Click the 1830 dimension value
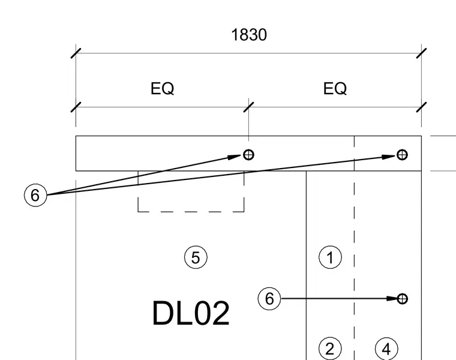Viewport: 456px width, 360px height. pos(249,35)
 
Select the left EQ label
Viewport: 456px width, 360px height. pos(162,88)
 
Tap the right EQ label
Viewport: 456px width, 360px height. pos(335,88)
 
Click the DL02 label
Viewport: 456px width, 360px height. pos(191,313)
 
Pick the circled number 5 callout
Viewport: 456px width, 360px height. pos(196,257)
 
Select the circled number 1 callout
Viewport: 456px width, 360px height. pos(330,257)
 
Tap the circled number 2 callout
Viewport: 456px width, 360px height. pos(330,349)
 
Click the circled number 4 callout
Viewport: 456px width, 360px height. pos(386,349)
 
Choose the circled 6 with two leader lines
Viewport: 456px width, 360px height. pos(35,195)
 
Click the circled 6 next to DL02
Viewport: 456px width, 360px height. pos(269,299)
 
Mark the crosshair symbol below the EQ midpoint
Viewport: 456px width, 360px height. pos(248,155)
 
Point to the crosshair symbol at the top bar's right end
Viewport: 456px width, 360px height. pos(402,155)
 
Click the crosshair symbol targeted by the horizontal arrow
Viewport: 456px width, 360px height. pos(402,299)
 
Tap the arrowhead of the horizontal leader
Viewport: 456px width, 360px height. pos(392,299)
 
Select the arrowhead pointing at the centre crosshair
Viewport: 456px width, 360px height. pos(235,157)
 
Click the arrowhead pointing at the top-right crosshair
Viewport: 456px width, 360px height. pos(389,157)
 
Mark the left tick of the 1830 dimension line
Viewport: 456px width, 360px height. pos(76,53)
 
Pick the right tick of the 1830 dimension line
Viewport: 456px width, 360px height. pos(421,53)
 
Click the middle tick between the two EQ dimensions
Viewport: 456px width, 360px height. pos(248,107)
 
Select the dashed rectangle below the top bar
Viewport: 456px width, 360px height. pos(191,212)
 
